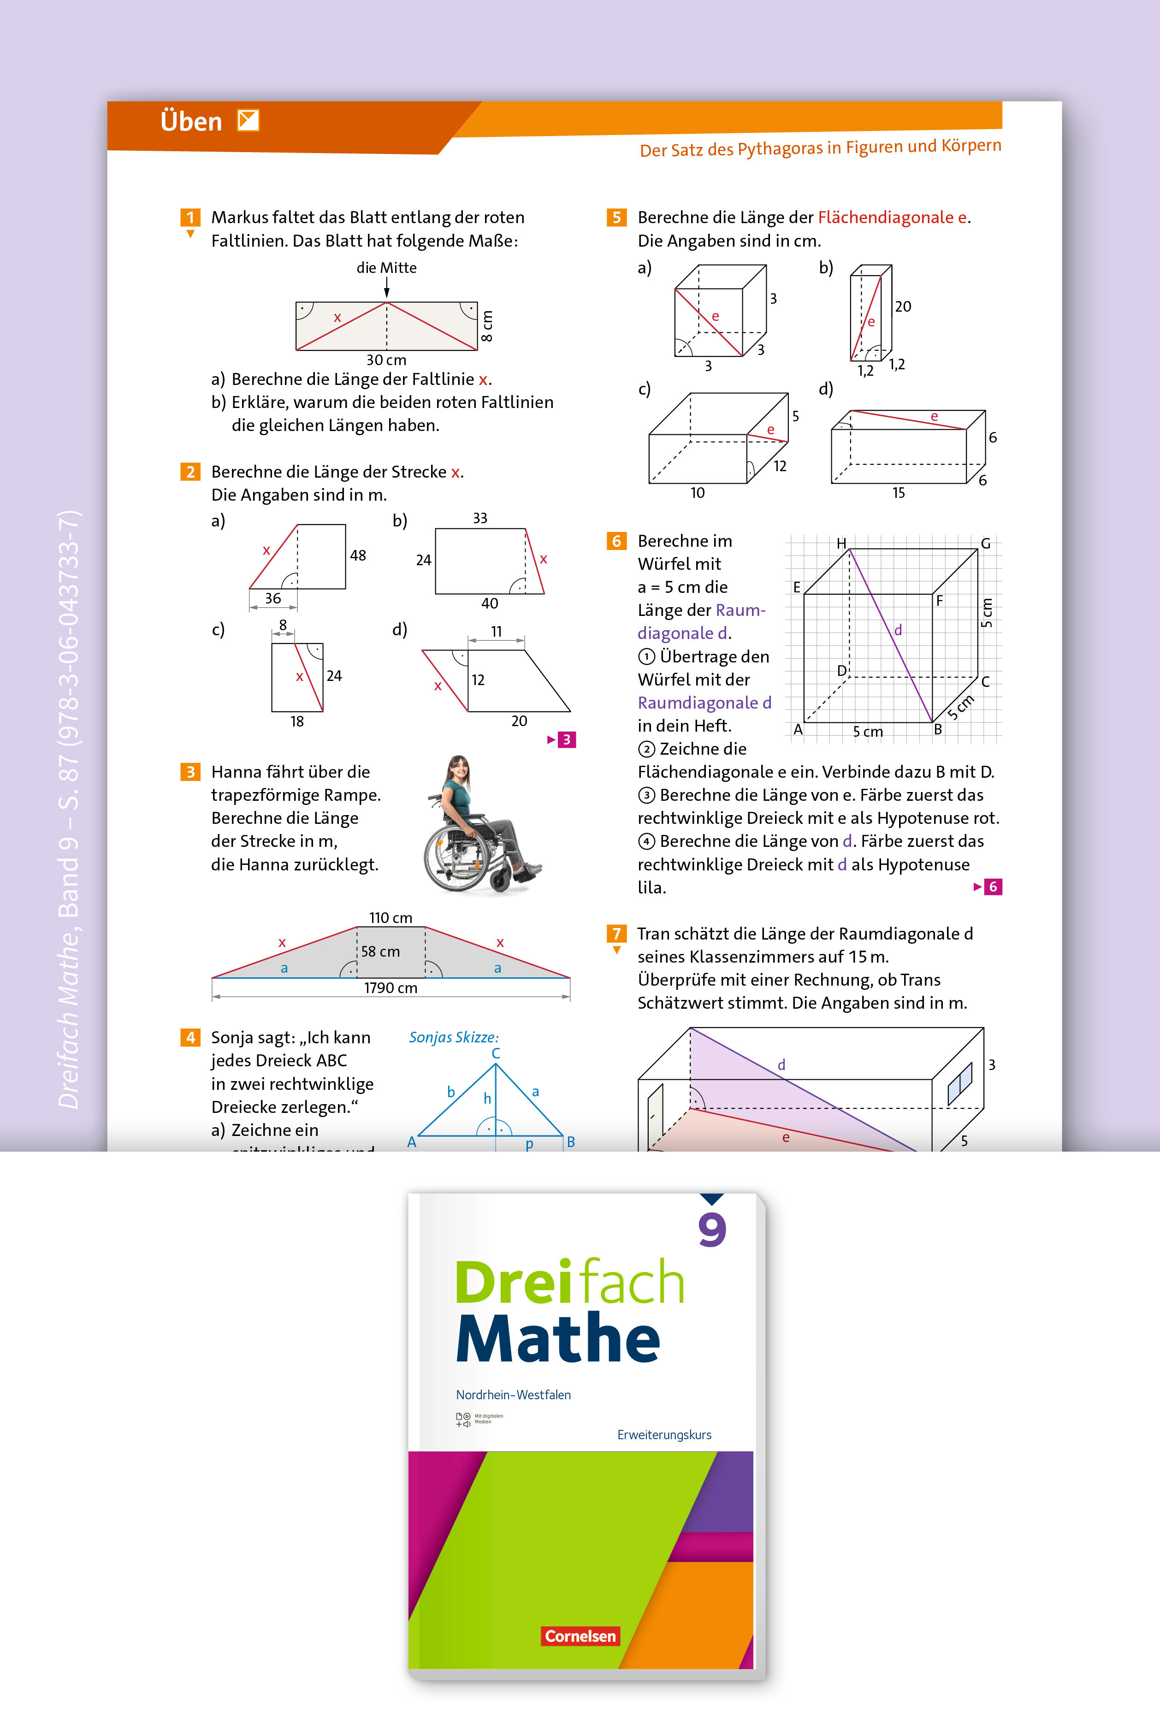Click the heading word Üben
tap(191, 122)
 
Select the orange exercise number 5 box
tap(616, 217)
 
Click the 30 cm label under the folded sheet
tap(386, 360)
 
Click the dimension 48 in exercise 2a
tap(358, 556)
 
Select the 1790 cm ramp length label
tap(391, 988)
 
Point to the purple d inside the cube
tap(898, 630)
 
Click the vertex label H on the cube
tap(841, 543)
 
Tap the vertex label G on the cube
tap(985, 543)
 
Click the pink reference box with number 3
tap(566, 739)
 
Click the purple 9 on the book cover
tap(712, 1230)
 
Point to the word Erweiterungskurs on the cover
tap(664, 1435)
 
